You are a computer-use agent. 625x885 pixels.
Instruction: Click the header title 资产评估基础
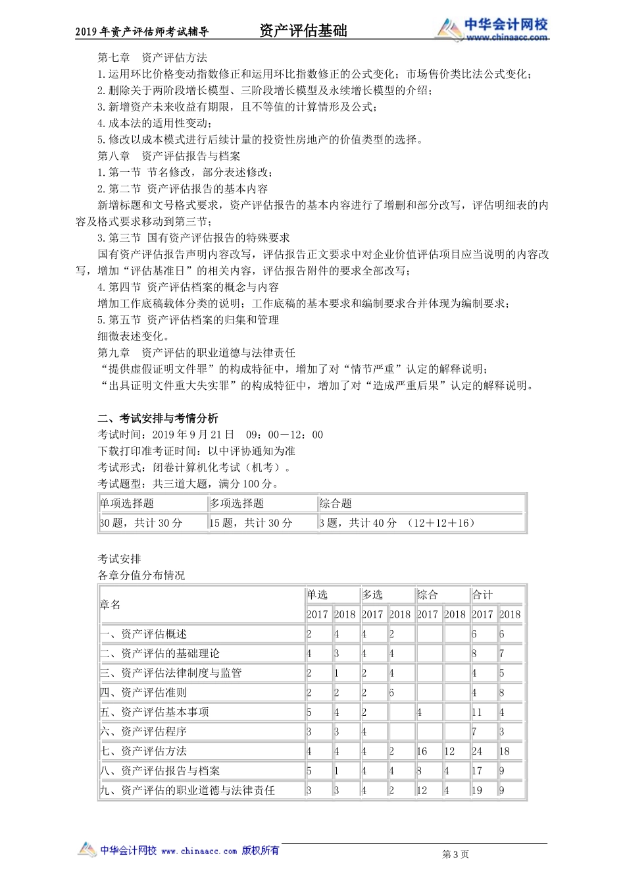[x=303, y=30]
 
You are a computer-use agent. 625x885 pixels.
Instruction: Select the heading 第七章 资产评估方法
[x=153, y=58]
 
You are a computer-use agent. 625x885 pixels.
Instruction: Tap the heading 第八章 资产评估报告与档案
[x=169, y=156]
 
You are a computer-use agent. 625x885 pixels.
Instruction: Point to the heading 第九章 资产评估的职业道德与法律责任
[x=196, y=353]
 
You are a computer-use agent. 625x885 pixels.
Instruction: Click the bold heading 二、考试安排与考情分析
[x=158, y=418]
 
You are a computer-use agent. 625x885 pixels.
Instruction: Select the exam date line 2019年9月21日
[x=211, y=435]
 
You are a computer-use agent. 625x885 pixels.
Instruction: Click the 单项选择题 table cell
[x=127, y=504]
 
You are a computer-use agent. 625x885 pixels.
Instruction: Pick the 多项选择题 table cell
[x=237, y=504]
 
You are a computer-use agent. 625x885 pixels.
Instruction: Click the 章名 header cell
[x=111, y=604]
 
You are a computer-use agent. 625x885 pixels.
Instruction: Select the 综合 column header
[x=428, y=595]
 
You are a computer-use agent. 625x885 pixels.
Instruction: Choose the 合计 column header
[x=482, y=595]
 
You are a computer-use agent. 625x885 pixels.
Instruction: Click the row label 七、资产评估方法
[x=143, y=751]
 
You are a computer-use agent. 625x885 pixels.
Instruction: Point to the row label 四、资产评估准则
[x=143, y=693]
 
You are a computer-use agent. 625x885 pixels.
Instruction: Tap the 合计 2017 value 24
[x=477, y=751]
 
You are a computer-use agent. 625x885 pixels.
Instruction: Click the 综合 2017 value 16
[x=422, y=751]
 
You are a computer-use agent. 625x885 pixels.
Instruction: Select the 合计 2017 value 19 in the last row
[x=477, y=790]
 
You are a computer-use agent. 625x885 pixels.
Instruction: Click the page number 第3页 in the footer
[x=456, y=854]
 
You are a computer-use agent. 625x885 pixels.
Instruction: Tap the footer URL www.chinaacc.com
[x=199, y=851]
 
